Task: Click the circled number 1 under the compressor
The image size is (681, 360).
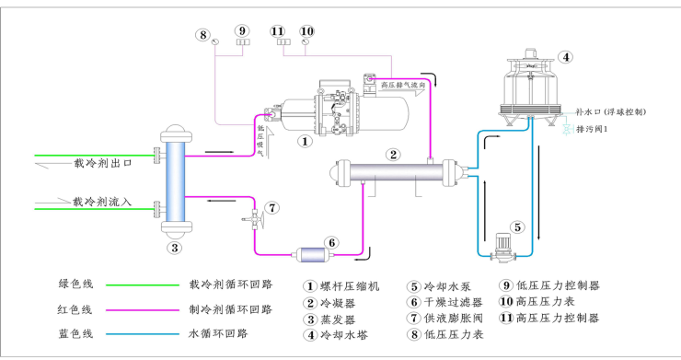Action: pyautogui.click(x=303, y=143)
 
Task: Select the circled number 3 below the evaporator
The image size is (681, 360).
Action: pyautogui.click(x=174, y=247)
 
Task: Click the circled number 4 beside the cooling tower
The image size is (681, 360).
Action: pyautogui.click(x=567, y=56)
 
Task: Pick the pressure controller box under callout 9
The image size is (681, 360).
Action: pyautogui.click(x=242, y=41)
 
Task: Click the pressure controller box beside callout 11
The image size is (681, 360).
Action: pyautogui.click(x=282, y=41)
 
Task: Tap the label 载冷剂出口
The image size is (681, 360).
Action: pyautogui.click(x=103, y=163)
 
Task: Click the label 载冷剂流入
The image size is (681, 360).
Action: pyautogui.click(x=103, y=201)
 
